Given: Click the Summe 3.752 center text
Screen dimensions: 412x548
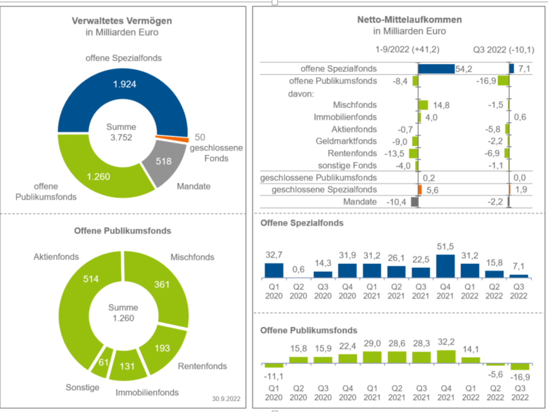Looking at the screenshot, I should coord(121,132).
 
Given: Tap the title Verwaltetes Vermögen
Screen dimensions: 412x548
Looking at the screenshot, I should coord(122,21).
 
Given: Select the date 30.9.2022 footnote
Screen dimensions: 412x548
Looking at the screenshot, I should coord(226,399).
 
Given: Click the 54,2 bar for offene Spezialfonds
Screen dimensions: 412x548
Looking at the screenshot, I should coord(436,68).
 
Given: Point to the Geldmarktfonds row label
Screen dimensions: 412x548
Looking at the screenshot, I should coord(346,141).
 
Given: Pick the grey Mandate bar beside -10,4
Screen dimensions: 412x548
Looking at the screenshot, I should coord(415,202).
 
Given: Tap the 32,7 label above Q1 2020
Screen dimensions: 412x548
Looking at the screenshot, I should coord(274,255).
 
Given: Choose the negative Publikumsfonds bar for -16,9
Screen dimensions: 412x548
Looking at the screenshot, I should coord(519,367).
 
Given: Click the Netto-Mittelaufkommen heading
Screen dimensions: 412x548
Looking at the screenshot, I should coord(409,20).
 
